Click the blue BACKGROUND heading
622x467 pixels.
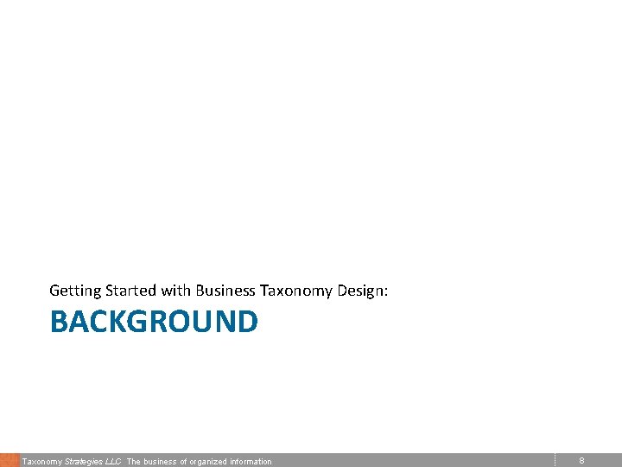154,322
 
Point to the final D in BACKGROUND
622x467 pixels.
248,322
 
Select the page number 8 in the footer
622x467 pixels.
581,461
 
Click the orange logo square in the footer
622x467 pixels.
10,460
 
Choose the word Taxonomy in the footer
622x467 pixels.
41,462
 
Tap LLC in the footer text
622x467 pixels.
114,462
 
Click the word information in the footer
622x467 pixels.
251,462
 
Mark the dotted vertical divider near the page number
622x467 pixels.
555,460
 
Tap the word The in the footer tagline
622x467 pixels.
134,462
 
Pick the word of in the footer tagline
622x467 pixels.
182,462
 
